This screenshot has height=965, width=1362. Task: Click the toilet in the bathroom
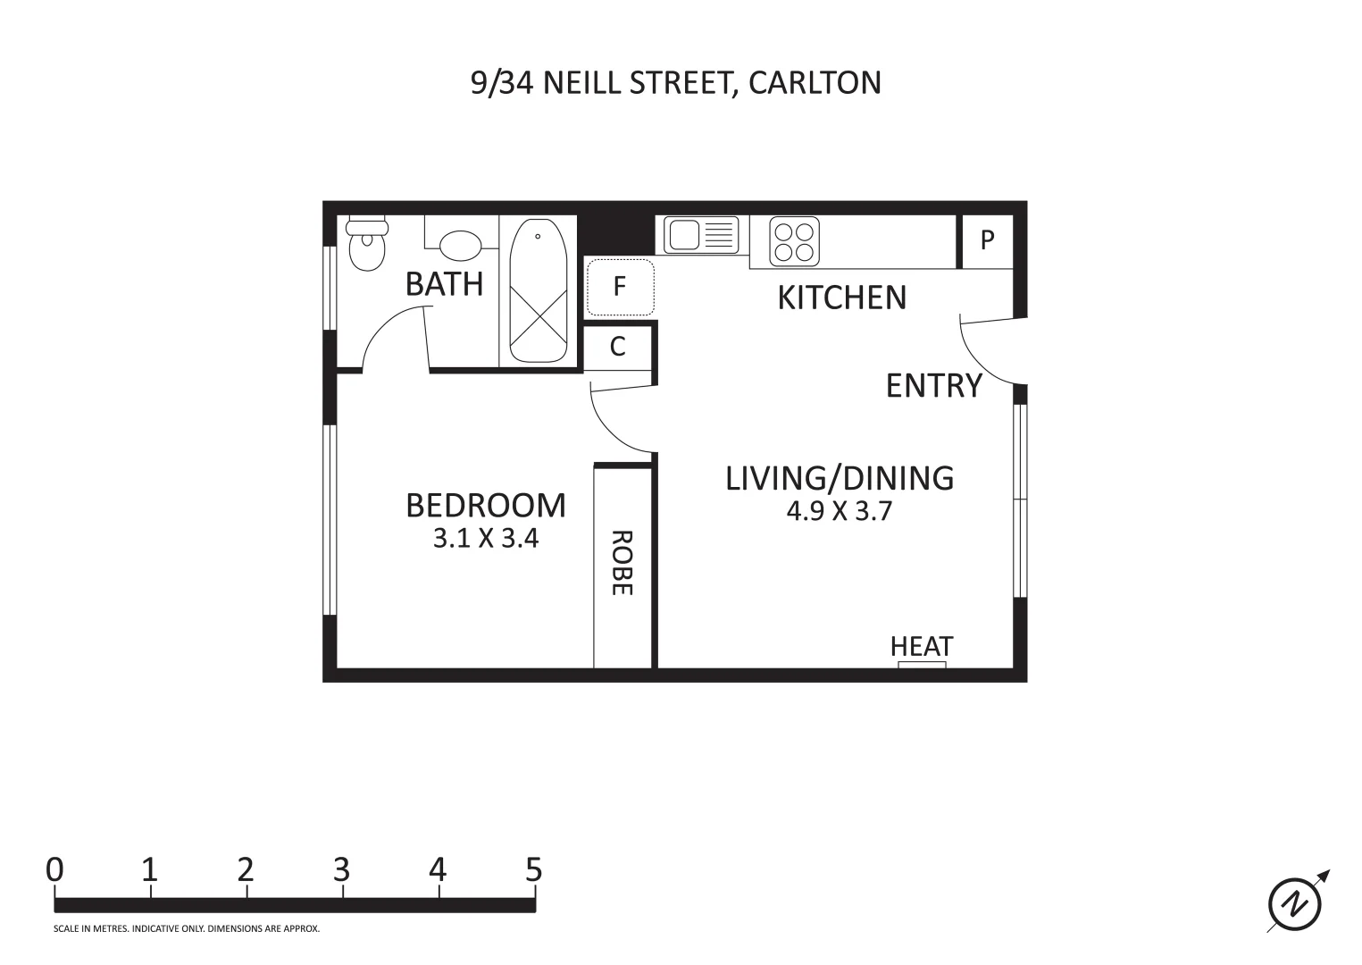(x=365, y=244)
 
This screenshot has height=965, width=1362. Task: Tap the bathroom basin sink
(x=460, y=244)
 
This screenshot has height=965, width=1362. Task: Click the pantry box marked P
(x=987, y=240)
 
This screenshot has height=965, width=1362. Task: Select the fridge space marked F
(x=620, y=287)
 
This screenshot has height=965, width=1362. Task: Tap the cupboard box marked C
(x=618, y=347)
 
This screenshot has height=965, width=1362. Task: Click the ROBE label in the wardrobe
(x=622, y=563)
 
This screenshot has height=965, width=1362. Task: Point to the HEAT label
(x=922, y=646)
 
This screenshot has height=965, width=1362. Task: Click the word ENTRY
(x=933, y=385)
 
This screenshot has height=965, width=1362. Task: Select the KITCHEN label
(x=841, y=298)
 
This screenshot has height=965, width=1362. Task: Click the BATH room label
(x=444, y=284)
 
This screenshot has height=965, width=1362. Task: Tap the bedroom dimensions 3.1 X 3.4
(x=486, y=539)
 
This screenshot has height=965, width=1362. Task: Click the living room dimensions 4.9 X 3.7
(x=839, y=511)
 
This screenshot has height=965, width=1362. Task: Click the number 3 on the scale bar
(x=342, y=869)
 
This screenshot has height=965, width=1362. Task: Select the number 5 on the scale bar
(x=533, y=869)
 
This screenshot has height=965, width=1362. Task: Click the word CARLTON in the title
(x=815, y=82)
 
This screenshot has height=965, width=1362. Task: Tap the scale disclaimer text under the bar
(x=187, y=929)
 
